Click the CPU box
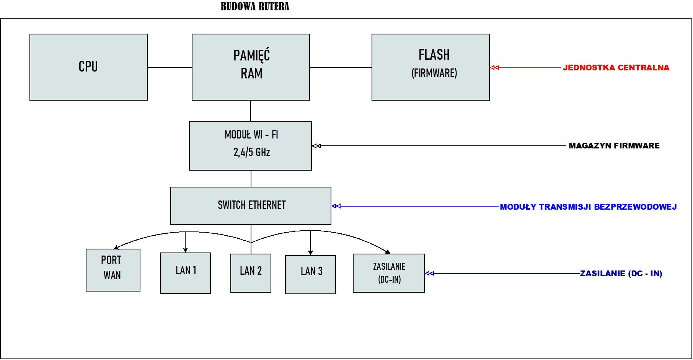tap(88, 67)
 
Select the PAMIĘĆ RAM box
tap(251, 67)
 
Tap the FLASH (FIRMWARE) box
tap(430, 67)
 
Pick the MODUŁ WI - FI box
tap(250, 146)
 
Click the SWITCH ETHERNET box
tap(251, 205)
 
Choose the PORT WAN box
tap(113, 270)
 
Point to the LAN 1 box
tap(185, 273)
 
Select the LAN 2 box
tap(251, 273)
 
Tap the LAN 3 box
tap(310, 274)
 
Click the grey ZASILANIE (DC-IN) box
tap(388, 273)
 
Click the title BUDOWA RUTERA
tap(255, 7)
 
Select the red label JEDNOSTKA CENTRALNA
tap(616, 68)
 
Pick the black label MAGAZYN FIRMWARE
tap(614, 146)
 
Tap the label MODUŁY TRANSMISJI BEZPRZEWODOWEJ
tap(588, 207)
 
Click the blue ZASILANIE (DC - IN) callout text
tap(621, 274)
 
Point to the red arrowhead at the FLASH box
tap(494, 68)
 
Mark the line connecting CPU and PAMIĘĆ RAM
tap(170, 67)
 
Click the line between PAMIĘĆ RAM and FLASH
tap(341, 67)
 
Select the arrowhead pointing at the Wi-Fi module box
tap(316, 146)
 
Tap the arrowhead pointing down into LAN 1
tap(185, 250)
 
